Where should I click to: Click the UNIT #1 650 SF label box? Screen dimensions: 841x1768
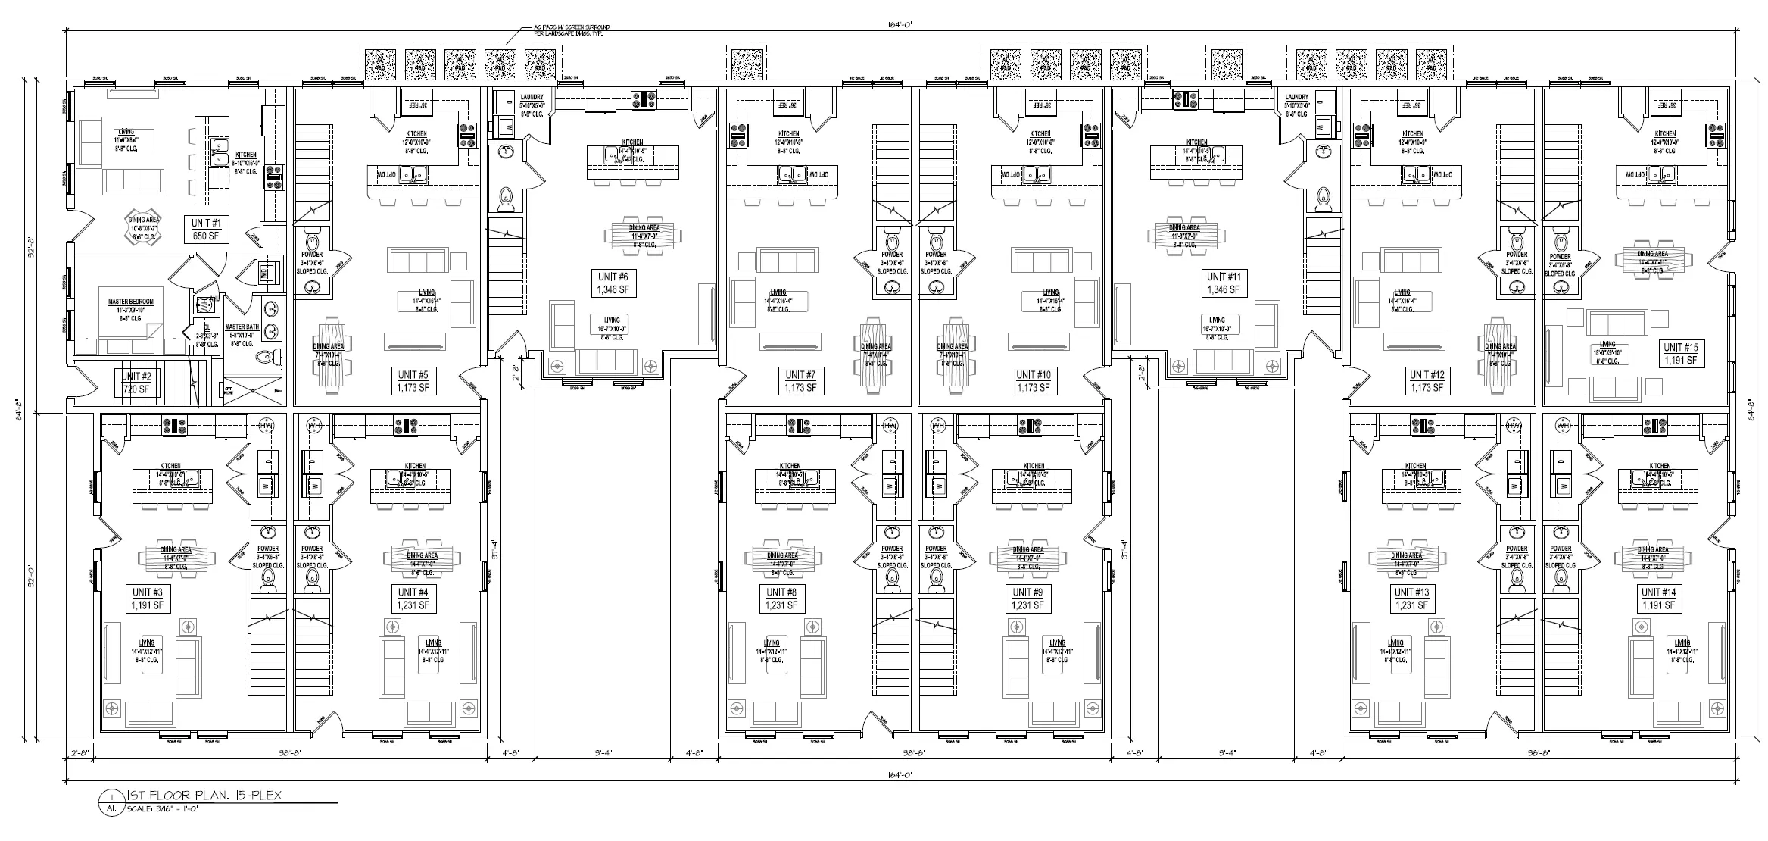pos(207,230)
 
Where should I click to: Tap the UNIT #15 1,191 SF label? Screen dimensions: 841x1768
pos(1682,354)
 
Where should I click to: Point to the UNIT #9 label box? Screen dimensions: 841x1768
pos(1027,599)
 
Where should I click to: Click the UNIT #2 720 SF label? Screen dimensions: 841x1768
pos(137,383)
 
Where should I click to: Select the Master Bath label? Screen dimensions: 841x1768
pos(242,327)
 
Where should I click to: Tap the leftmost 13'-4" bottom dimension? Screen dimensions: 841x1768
pos(603,753)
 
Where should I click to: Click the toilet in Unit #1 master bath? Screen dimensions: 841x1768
pos(264,357)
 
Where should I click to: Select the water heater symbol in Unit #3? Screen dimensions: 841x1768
pos(266,427)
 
